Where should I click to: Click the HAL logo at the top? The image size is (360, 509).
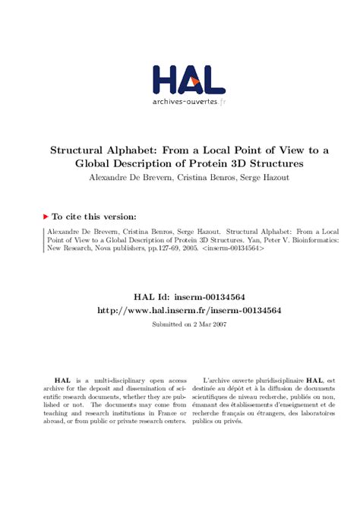tap(188, 80)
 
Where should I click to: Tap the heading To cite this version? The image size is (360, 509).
tap(95, 216)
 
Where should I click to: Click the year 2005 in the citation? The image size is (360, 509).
tap(187, 248)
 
